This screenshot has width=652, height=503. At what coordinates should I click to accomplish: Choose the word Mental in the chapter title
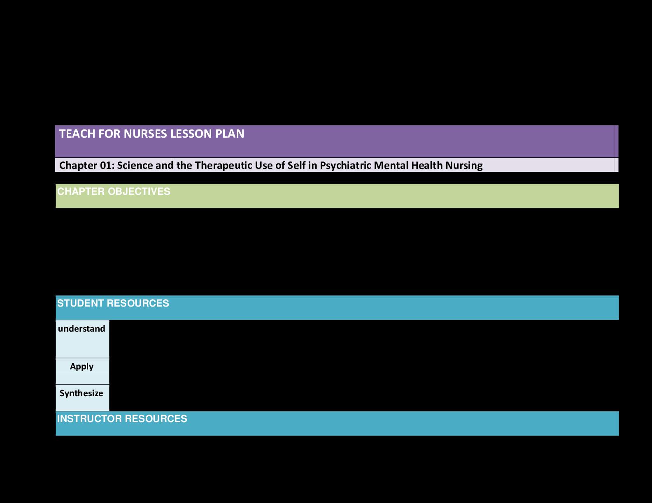click(384, 166)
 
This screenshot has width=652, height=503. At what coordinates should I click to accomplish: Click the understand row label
click(81, 329)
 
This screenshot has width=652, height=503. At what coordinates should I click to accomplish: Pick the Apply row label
click(81, 367)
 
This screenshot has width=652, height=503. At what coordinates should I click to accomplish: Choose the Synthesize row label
click(81, 393)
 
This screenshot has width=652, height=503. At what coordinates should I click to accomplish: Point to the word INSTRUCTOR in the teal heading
click(89, 419)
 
